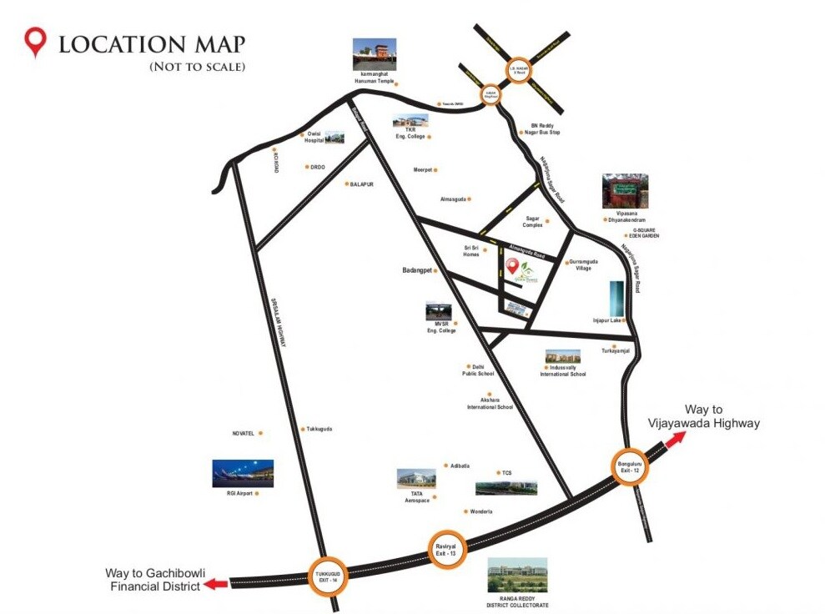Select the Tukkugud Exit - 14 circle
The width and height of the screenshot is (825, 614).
coord(326,576)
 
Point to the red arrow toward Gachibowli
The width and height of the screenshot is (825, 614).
coord(217,584)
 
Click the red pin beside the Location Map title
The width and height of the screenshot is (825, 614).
coord(34,42)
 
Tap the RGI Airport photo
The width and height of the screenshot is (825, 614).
coord(243,473)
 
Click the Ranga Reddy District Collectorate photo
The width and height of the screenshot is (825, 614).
coord(517,576)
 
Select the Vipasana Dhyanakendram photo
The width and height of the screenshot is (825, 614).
coord(626,191)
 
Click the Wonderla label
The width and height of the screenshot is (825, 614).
coord(481,511)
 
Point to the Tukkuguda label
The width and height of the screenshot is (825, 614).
coord(319,429)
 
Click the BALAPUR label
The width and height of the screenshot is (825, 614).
coord(362,184)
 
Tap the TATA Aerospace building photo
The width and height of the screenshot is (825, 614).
coord(416,479)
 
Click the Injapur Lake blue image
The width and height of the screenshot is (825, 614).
coord(616,299)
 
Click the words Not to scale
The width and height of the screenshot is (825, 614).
coord(197,66)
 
